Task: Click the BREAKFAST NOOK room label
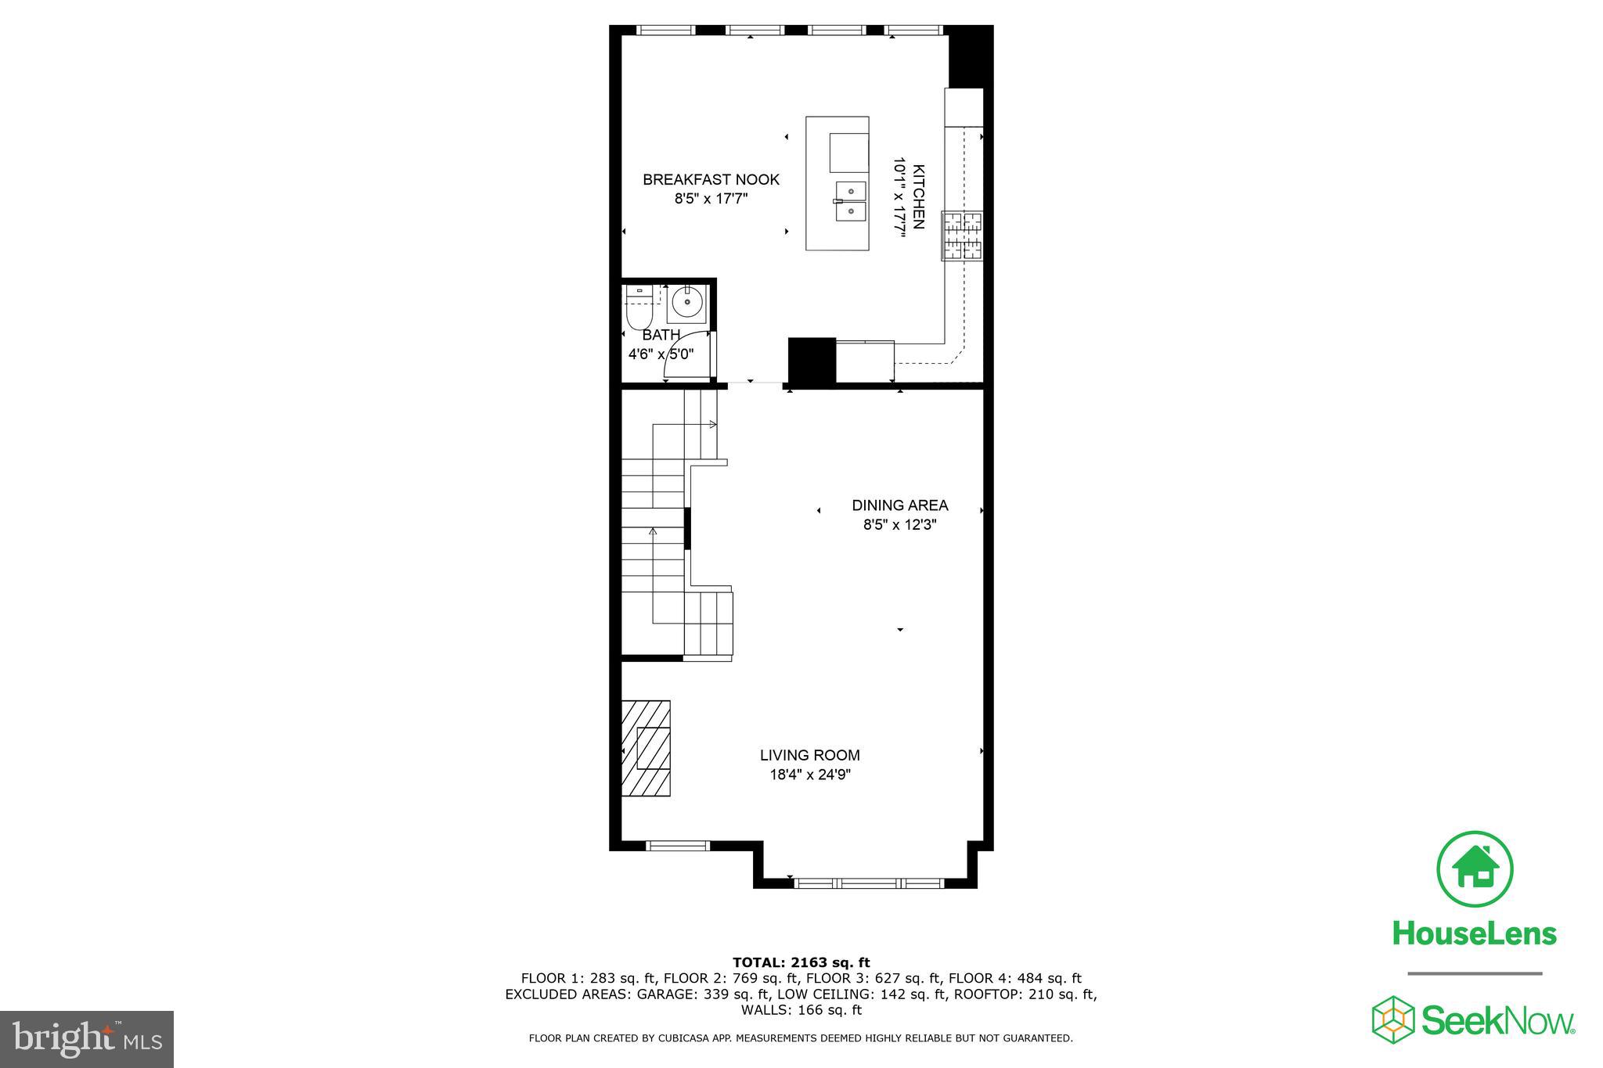coord(711,180)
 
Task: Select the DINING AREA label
coord(899,505)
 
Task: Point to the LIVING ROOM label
coord(809,755)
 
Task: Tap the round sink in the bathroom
coord(687,304)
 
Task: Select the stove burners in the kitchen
coord(962,236)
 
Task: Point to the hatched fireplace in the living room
coord(647,748)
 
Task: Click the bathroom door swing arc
coord(686,361)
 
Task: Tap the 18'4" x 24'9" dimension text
coord(809,775)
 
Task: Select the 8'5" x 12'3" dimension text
coord(899,525)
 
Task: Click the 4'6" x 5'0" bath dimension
coord(661,354)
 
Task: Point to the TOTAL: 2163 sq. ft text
coord(801,962)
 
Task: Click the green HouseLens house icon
coord(1475,869)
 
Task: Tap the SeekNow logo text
coord(1497,1021)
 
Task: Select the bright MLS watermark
coord(87,1039)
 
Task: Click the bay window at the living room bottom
coord(869,883)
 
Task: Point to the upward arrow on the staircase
coord(653,532)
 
